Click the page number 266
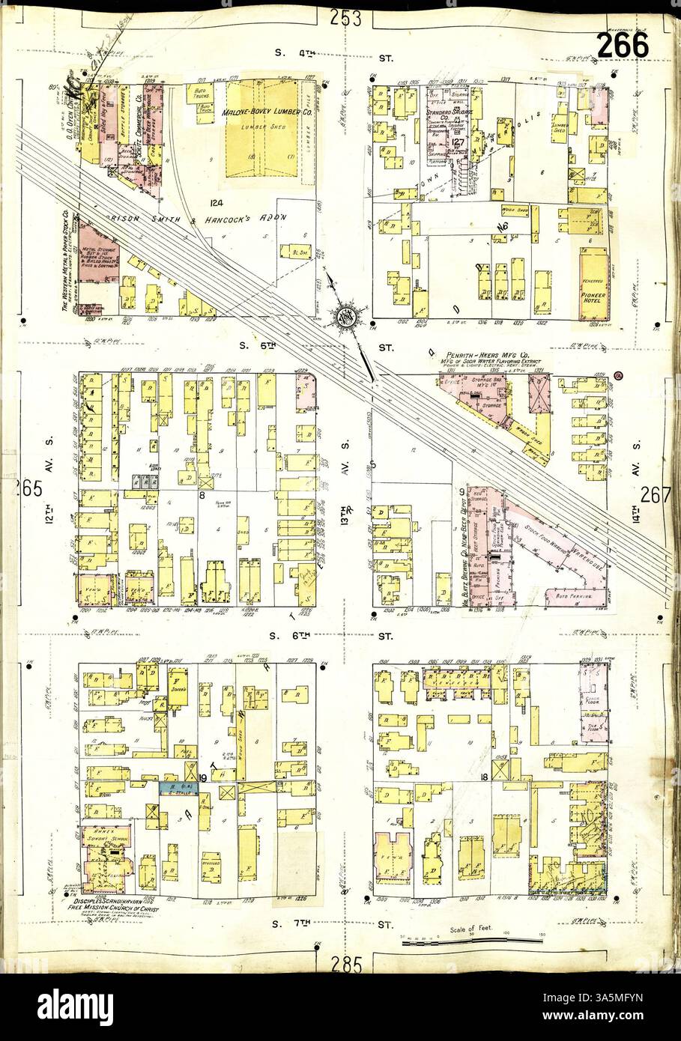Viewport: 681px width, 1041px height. point(623,46)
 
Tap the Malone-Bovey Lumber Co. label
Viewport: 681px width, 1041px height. point(260,111)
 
